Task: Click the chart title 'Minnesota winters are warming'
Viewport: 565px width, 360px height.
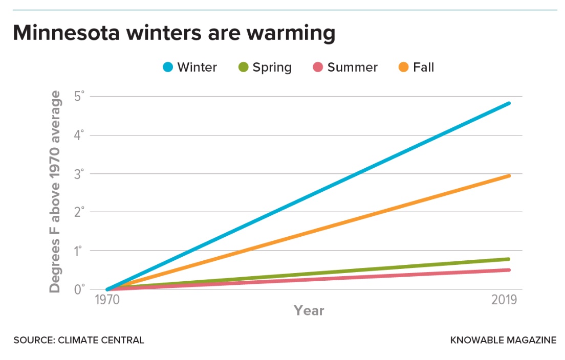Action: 173,33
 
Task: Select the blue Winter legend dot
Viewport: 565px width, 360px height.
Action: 168,67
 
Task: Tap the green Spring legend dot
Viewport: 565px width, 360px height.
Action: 243,67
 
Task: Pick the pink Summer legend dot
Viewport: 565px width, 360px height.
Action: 318,67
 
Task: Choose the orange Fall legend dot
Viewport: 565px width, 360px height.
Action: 404,67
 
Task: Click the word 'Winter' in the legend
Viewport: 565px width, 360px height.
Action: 197,67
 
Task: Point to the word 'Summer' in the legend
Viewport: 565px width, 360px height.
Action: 352,67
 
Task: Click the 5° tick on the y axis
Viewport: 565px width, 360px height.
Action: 80,97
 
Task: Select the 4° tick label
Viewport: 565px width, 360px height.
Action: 80,136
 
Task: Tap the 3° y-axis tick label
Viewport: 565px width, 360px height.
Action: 80,174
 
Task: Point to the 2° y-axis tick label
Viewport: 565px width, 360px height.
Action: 80,212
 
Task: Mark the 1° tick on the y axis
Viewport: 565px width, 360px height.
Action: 80,251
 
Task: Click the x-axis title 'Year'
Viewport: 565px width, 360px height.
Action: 309,310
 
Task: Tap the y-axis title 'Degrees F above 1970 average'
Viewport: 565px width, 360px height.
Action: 55,192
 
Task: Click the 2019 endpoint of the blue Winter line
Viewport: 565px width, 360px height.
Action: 508,103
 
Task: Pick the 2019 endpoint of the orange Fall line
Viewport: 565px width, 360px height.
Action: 508,176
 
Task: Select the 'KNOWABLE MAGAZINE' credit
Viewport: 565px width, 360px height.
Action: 503,340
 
